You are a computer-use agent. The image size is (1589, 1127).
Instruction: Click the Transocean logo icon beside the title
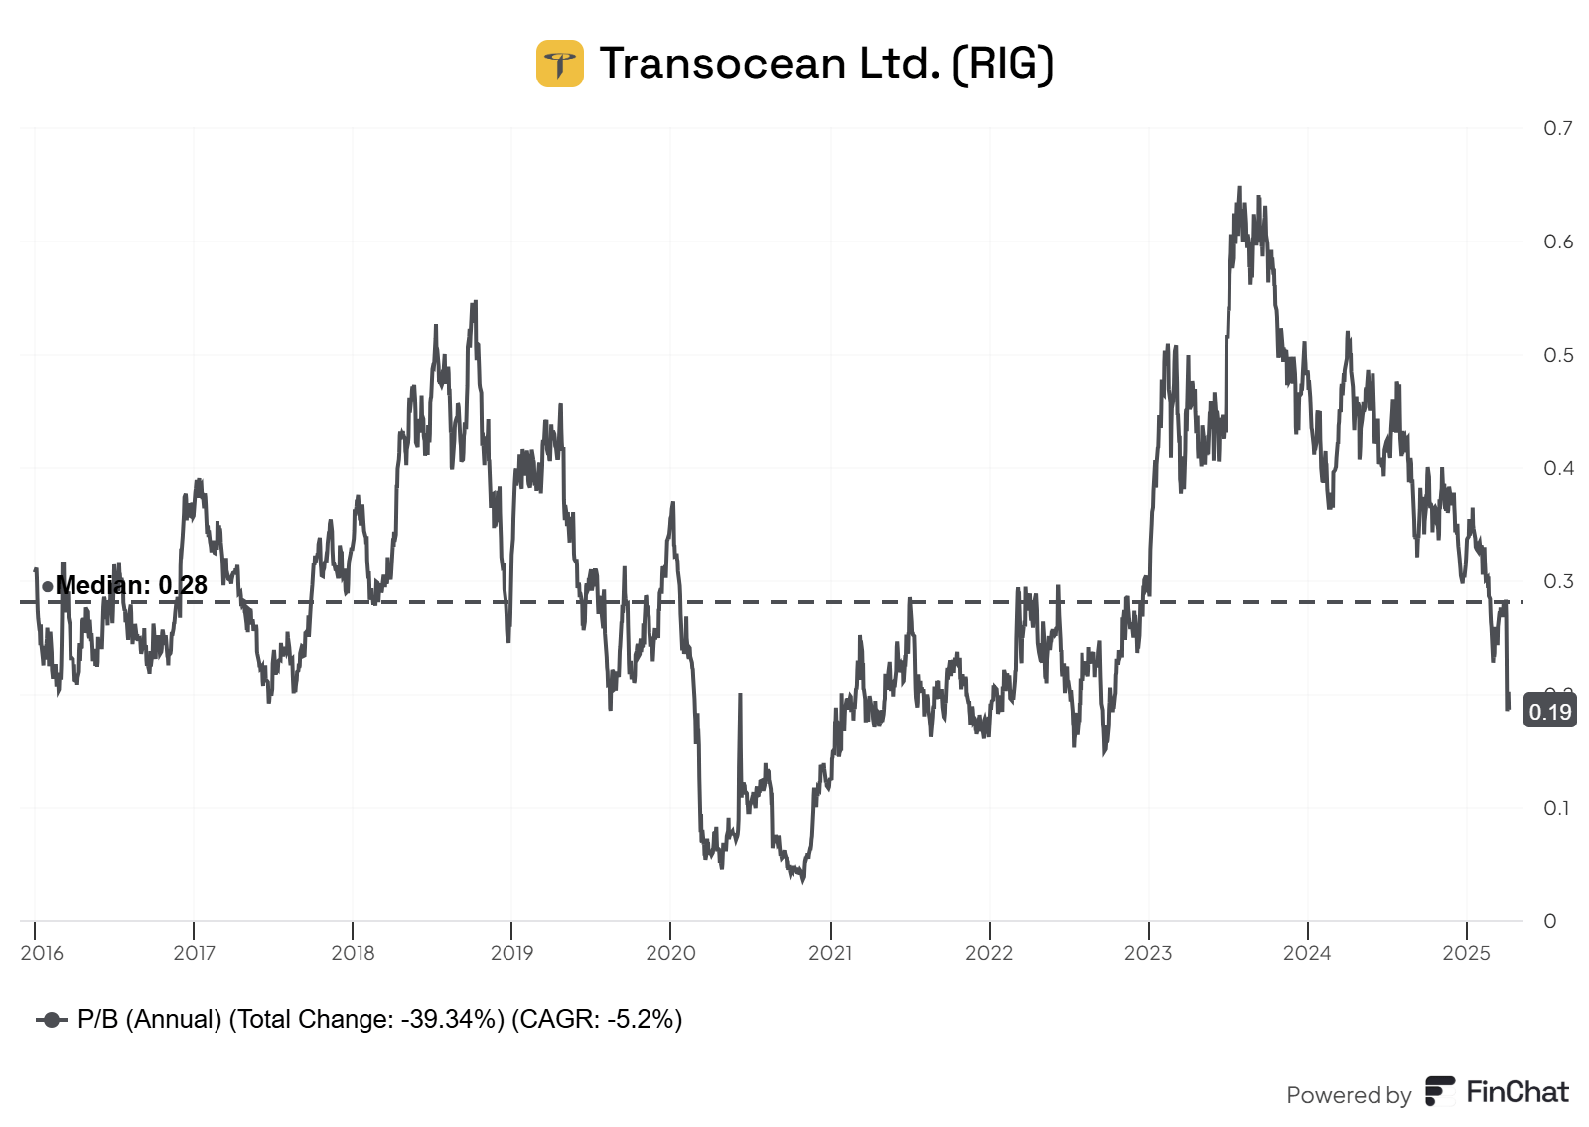(x=559, y=64)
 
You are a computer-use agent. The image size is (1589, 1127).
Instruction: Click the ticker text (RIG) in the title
(x=1002, y=64)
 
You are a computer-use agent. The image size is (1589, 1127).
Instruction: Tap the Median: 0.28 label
(x=131, y=585)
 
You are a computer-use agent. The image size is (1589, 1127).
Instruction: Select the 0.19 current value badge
(x=1549, y=712)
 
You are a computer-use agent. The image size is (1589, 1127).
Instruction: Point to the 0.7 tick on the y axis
(x=1557, y=128)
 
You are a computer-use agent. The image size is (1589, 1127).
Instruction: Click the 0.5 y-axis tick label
(x=1557, y=355)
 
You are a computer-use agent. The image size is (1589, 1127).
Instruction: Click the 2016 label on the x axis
(x=42, y=953)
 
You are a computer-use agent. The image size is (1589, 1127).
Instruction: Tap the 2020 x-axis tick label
(x=670, y=953)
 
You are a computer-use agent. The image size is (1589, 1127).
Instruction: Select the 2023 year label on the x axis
(x=1148, y=953)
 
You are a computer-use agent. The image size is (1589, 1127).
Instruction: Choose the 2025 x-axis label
(x=1466, y=953)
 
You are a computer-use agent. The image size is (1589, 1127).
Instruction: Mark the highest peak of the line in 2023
(x=1239, y=188)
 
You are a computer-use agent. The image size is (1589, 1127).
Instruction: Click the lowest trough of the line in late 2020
(x=802, y=880)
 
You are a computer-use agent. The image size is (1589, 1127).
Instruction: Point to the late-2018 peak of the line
(x=475, y=302)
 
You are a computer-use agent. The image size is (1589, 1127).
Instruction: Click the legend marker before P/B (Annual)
(x=52, y=1020)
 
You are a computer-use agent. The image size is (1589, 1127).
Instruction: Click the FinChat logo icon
(x=1440, y=1091)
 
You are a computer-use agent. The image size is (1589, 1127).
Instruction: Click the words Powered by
(x=1348, y=1095)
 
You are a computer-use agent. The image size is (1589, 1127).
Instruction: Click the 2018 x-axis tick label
(x=353, y=953)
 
